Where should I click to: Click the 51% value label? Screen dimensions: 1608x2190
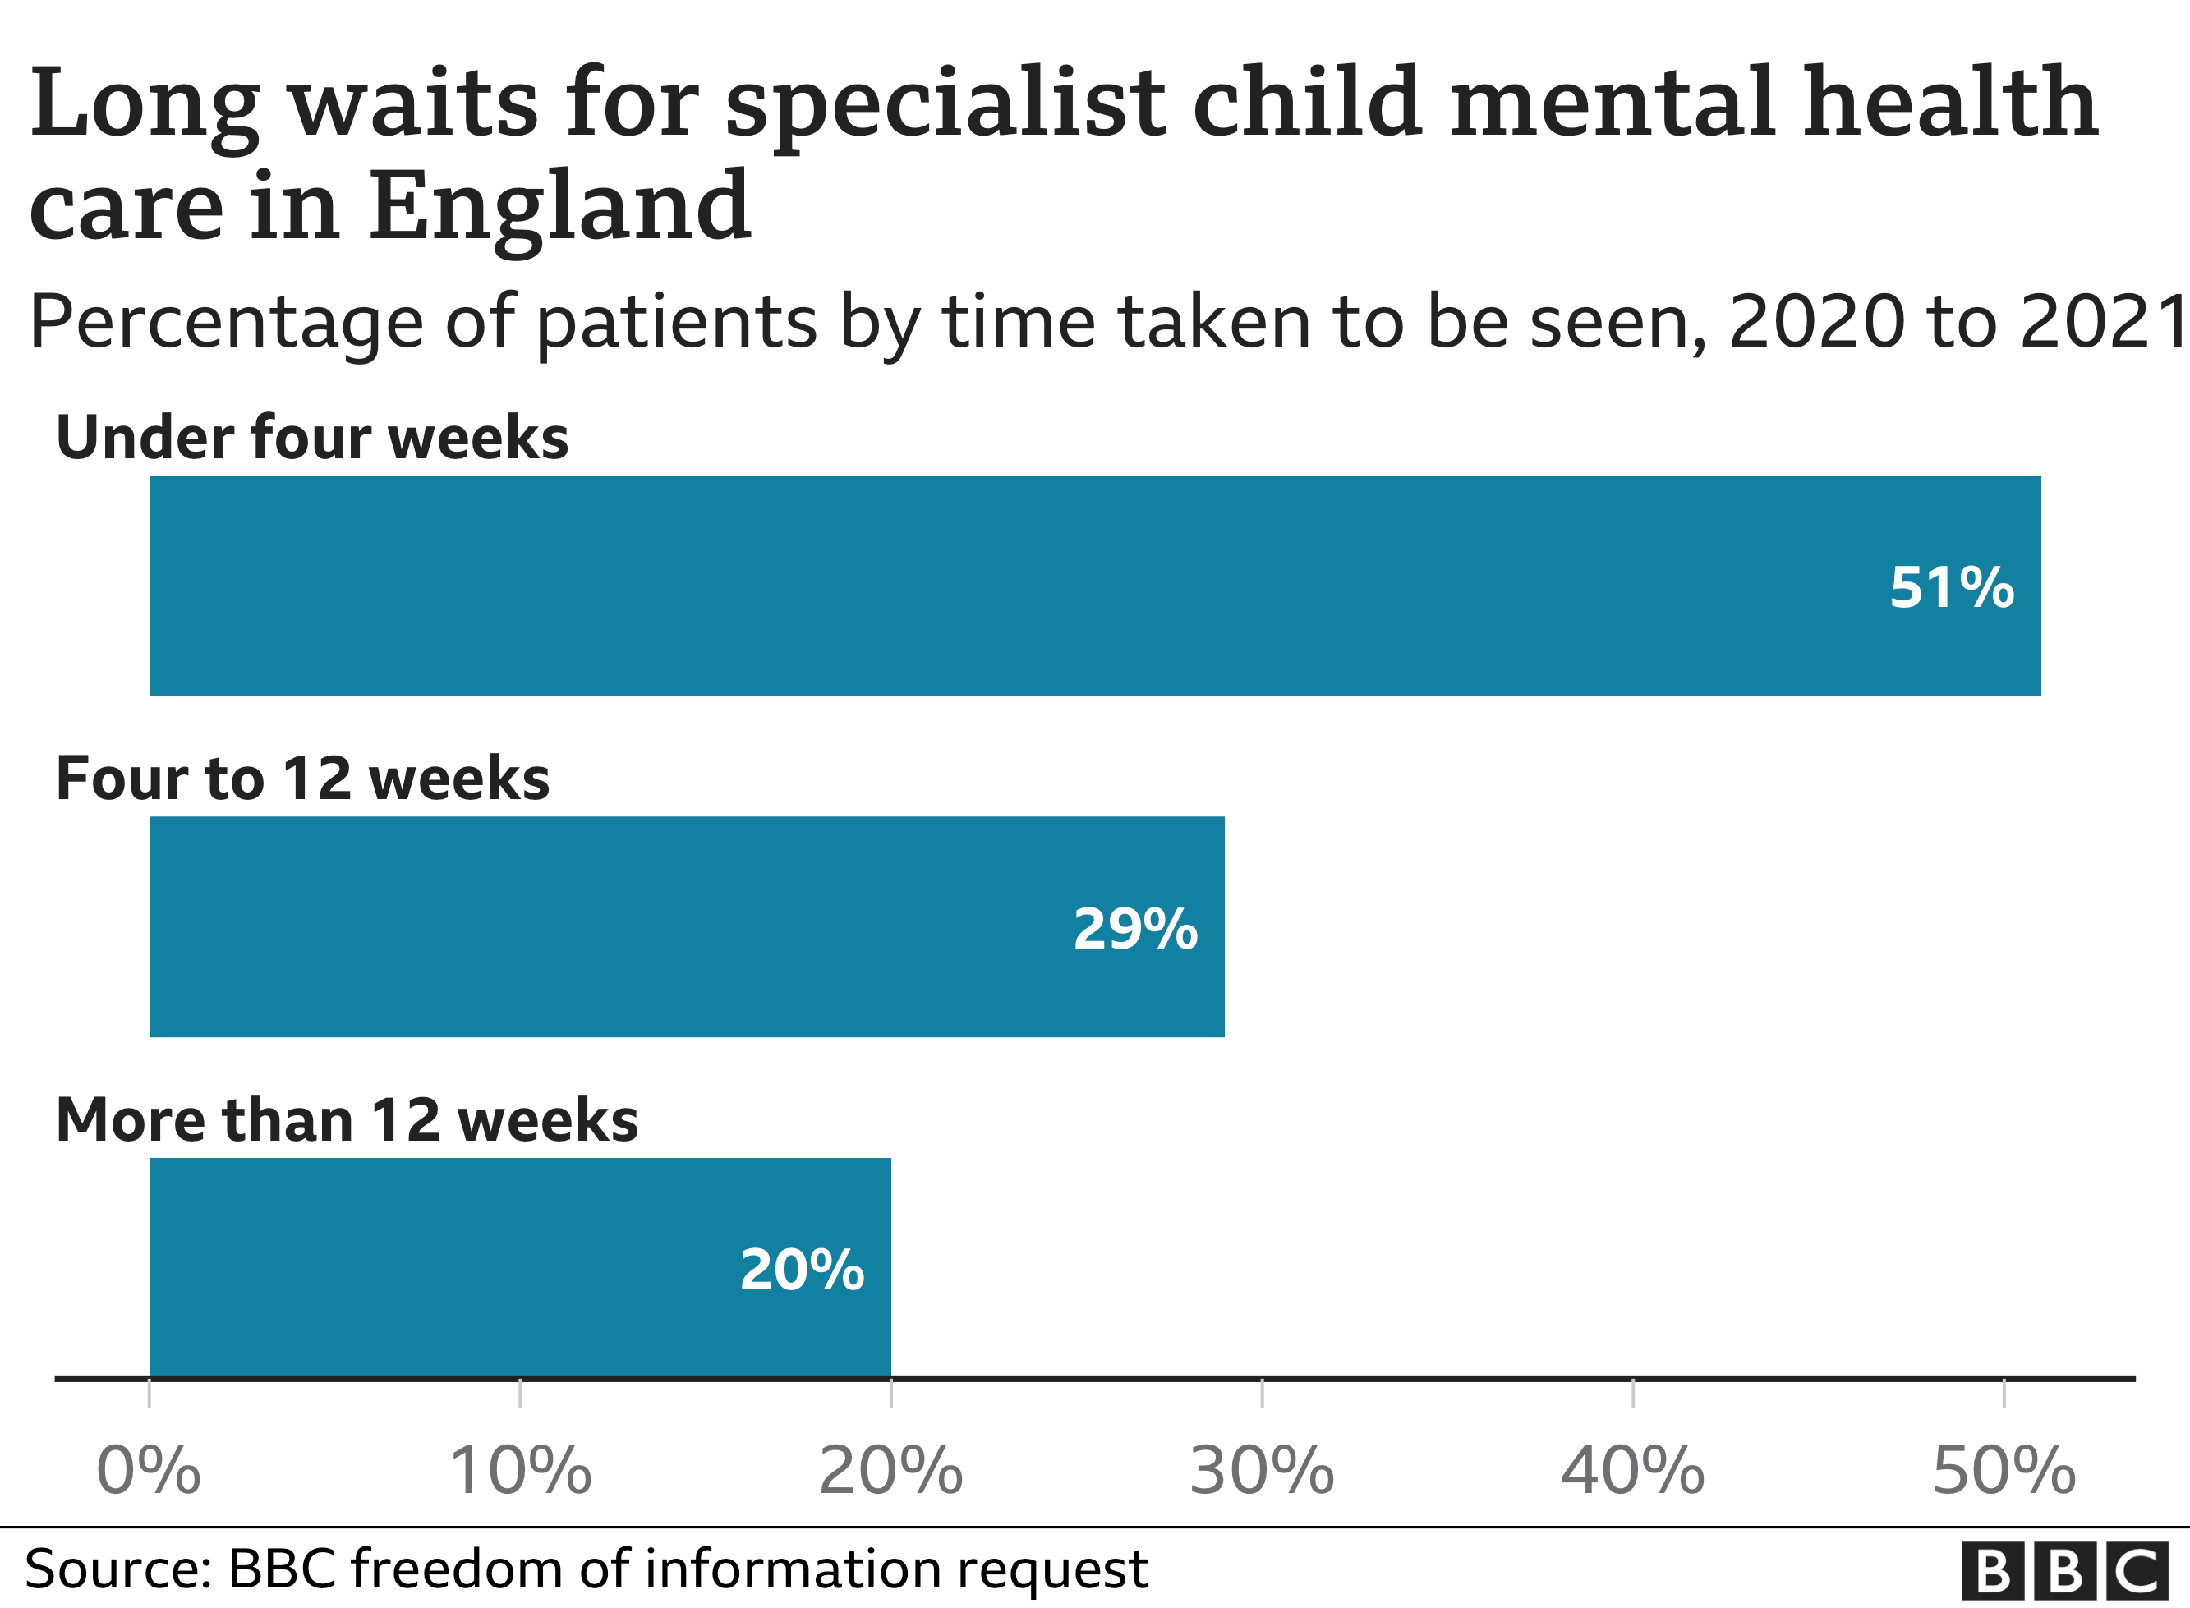1951,588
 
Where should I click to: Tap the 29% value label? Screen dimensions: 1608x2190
1135,929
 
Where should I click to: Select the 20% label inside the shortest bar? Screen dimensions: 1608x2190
801,1270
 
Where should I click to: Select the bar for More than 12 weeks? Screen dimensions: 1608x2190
438,1268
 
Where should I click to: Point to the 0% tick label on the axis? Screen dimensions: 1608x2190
149,1471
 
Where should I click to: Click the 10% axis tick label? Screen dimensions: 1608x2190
520,1471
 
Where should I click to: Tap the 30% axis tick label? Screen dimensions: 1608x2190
1262,1471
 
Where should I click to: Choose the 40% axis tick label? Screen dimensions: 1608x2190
1632,1471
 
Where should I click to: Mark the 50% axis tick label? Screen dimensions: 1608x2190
2004,1471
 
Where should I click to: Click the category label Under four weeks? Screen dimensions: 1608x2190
312,438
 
